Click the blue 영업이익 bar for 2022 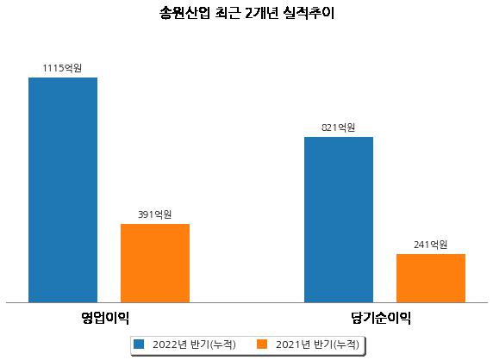63,190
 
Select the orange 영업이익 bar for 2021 155,264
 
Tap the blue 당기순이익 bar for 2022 339,220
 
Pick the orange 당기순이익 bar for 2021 431,278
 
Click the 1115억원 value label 62,68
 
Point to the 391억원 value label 155,214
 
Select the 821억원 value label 339,127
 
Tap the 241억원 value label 430,245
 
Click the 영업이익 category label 105,318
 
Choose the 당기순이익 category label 381,318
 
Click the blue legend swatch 139,344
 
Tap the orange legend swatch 262,344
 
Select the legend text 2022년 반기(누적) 194,344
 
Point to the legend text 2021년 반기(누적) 317,344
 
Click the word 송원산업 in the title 184,13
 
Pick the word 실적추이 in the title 309,13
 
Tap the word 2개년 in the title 262,13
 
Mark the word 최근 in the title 228,13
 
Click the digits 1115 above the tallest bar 53,68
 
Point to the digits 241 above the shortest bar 421,245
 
